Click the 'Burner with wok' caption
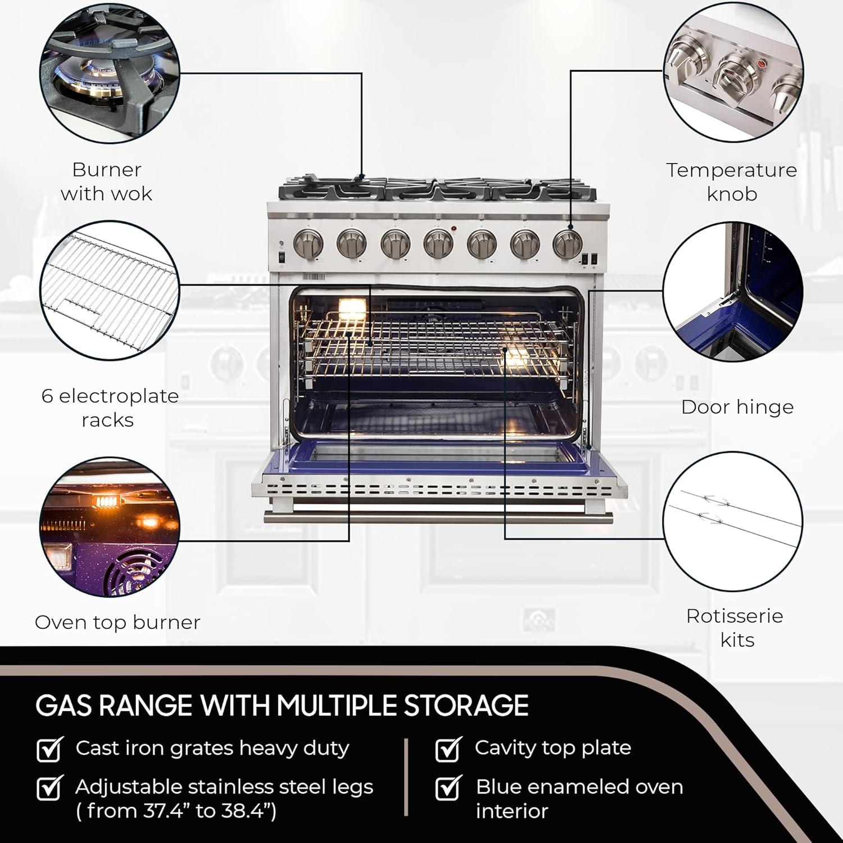[106, 182]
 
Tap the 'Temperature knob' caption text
[732, 182]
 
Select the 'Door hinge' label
[737, 407]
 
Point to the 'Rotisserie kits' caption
[735, 628]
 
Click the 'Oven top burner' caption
[117, 622]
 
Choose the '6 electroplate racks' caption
[110, 407]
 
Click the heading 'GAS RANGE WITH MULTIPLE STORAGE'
[282, 706]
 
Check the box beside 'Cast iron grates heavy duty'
[49, 749]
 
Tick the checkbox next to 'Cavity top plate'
[448, 749]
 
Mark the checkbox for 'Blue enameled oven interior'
[448, 788]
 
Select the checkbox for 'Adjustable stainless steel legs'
[49, 788]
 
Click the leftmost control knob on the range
[309, 243]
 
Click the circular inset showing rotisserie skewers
[733, 521]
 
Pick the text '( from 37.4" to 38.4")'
[176, 811]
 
